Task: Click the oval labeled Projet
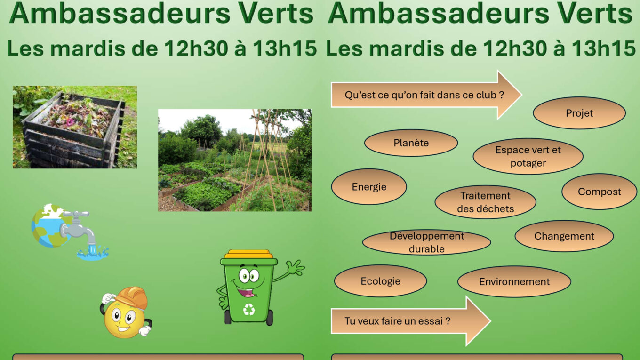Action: [579, 113]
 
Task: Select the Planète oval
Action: [411, 143]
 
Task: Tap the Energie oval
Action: [369, 187]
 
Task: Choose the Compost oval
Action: [599, 192]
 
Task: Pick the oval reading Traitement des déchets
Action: [485, 202]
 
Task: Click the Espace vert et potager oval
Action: [528, 157]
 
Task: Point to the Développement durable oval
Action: [426, 242]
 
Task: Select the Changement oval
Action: [564, 236]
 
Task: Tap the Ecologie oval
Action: [380, 281]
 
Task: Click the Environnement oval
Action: [514, 282]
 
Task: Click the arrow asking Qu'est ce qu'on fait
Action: [426, 95]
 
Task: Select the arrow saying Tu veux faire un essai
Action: [410, 321]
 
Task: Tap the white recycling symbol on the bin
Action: [249, 309]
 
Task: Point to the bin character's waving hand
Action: [296, 267]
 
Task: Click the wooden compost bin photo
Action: [75, 127]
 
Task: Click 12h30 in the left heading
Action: [196, 48]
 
